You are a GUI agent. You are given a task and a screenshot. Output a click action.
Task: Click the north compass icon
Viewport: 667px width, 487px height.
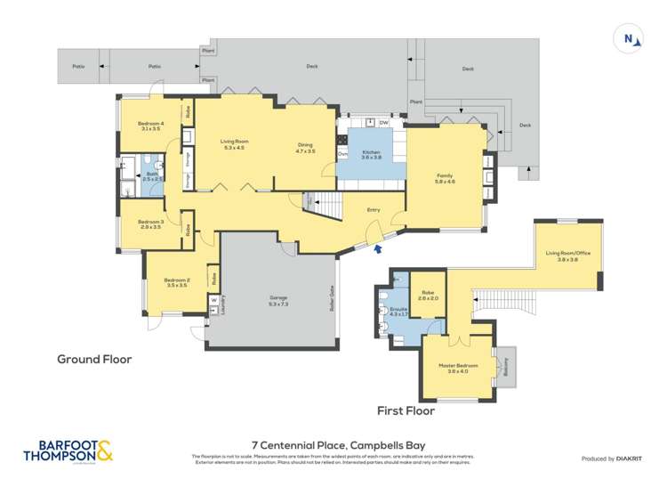tap(630, 38)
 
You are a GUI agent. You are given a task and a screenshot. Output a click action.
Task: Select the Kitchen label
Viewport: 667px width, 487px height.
tap(371, 155)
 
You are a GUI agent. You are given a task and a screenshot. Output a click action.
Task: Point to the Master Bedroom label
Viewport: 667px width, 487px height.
tap(458, 369)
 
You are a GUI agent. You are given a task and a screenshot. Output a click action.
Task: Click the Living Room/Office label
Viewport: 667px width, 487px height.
tap(568, 256)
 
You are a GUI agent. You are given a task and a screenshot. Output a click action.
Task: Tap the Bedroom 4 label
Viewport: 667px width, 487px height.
tap(150, 126)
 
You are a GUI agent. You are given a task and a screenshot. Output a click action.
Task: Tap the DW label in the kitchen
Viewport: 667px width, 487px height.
tap(383, 122)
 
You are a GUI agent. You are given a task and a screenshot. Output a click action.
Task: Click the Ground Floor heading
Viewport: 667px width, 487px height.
tap(94, 360)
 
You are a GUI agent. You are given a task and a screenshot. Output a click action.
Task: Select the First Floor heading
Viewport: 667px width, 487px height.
tap(405, 411)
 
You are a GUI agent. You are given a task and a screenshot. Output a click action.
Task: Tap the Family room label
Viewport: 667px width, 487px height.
tap(445, 178)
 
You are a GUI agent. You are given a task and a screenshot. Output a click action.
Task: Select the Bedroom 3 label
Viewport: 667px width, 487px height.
tap(150, 224)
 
